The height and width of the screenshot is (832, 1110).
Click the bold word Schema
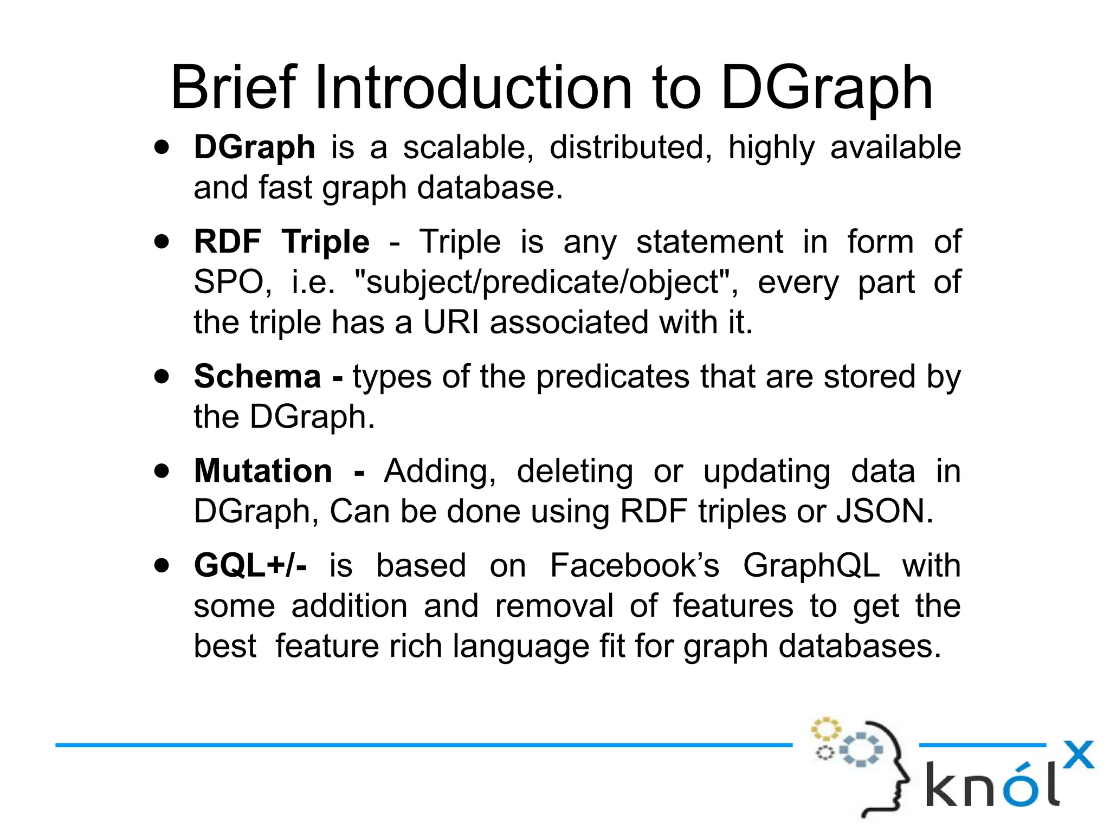click(257, 376)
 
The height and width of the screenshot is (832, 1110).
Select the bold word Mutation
click(263, 470)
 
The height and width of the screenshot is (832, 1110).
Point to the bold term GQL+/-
click(250, 565)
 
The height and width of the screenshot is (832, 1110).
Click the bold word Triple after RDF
click(326, 242)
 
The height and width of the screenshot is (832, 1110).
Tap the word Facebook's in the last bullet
click(634, 565)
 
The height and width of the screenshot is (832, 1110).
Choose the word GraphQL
click(811, 565)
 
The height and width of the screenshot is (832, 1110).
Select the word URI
click(451, 322)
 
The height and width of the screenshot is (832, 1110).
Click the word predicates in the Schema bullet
click(613, 376)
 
